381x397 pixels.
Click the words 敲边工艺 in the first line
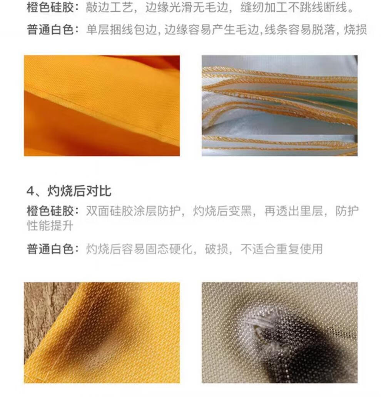click(109, 8)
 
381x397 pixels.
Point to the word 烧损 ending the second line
click(355, 30)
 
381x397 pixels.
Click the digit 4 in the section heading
click(30, 191)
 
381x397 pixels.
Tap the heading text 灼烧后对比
click(79, 191)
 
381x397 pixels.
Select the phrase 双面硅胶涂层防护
click(133, 211)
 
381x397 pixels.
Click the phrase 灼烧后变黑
click(222, 211)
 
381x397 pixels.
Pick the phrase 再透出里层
click(294, 211)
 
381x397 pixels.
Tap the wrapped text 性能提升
click(50, 225)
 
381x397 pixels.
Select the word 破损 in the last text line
click(216, 249)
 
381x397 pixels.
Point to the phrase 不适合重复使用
click(282, 249)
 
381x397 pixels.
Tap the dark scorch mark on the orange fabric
click(101, 337)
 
